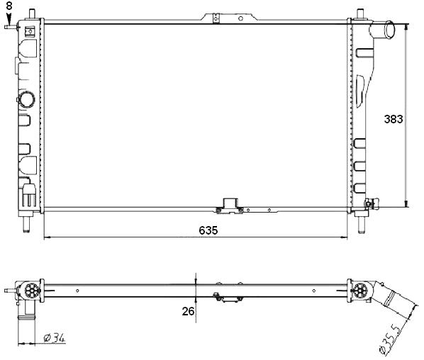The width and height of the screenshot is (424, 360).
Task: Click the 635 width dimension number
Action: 208,230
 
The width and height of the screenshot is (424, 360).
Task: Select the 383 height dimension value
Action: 394,119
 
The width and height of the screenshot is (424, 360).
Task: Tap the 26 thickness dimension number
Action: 188,311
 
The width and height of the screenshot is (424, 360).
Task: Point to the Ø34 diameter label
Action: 55,337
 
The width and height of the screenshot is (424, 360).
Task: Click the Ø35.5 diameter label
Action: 391,340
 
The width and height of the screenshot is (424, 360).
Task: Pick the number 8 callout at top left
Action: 9,6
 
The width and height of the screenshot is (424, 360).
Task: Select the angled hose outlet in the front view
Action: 382,30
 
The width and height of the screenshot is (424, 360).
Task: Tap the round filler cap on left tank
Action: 26,99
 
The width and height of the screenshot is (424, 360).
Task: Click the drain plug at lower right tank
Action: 372,203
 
